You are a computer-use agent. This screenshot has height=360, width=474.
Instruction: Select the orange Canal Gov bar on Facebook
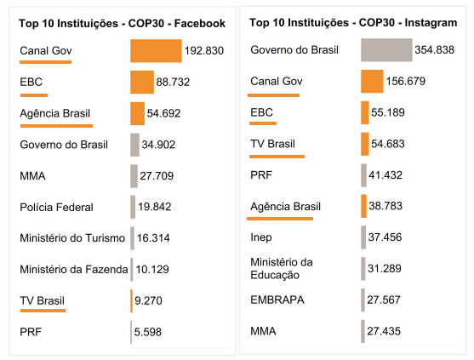coord(156,51)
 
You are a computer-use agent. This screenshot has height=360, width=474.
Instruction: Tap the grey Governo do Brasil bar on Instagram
coord(385,50)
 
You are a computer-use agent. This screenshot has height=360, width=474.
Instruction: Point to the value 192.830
coord(203,51)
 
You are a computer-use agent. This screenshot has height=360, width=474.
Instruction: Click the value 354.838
coord(434,50)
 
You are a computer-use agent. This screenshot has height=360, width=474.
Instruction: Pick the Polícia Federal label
coord(56,207)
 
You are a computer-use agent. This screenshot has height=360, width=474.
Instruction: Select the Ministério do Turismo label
coord(72,238)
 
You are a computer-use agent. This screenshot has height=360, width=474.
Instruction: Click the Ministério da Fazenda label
coord(74,270)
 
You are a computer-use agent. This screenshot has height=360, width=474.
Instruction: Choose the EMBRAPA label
coord(277,300)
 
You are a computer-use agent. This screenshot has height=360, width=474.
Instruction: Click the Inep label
coord(261,237)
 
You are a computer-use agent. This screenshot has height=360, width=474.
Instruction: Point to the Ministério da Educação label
coord(282,268)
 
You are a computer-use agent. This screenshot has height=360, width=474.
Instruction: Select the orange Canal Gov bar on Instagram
coord(372,82)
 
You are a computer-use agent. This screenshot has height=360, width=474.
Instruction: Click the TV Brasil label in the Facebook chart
coord(42,300)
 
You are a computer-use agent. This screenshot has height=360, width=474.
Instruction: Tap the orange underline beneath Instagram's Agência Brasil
coord(282,219)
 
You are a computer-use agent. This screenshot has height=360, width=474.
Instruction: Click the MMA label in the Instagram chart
coord(264,330)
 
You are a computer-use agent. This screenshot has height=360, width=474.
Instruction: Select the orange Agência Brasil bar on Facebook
coord(137,113)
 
